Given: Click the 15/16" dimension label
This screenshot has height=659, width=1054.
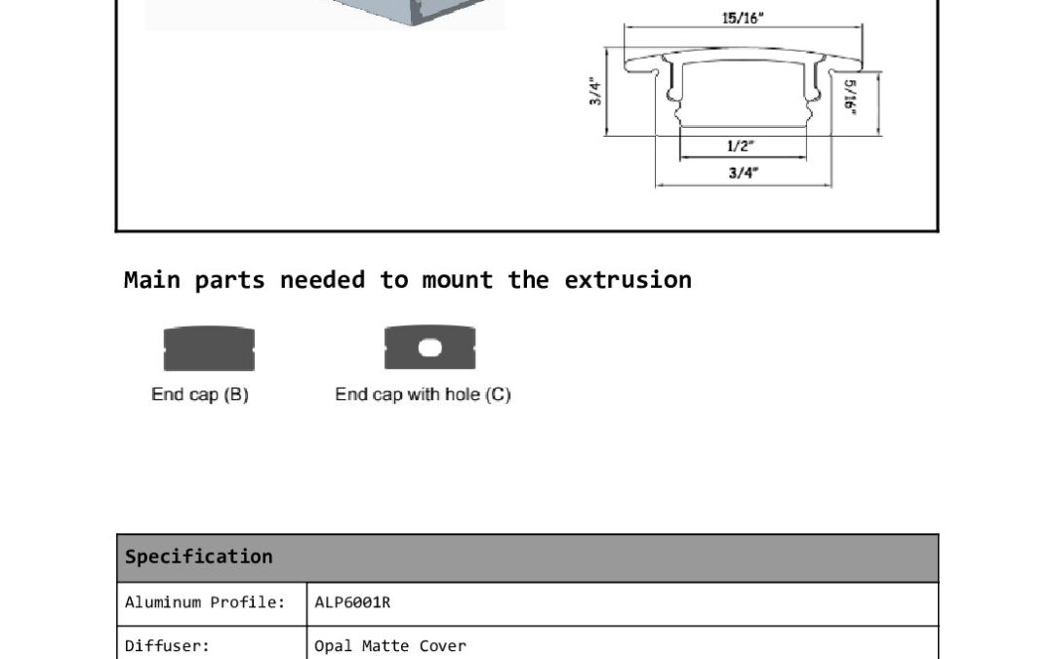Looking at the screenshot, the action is (743, 19).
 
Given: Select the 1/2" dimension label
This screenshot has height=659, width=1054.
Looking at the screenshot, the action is (741, 145).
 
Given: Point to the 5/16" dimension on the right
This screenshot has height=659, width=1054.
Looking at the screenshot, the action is (850, 97).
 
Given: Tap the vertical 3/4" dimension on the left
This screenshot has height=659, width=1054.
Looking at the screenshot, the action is (595, 92).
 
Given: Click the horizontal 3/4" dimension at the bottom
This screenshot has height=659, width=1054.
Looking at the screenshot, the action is (744, 173).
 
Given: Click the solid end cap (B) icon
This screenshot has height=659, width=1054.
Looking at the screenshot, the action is (209, 349).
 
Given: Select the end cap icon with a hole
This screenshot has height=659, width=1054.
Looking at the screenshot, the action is (430, 347).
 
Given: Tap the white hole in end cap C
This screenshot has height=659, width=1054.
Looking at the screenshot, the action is (430, 348).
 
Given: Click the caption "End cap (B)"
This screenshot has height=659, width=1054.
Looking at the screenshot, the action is (200, 394).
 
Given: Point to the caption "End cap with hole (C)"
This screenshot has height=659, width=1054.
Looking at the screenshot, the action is (423, 394).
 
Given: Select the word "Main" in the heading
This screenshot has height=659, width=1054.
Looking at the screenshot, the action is (152, 280).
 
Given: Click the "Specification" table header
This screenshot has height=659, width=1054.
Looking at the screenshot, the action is (199, 556).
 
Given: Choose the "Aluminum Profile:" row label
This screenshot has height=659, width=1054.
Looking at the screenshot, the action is (205, 602).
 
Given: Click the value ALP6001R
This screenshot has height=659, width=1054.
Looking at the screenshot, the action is (352, 602).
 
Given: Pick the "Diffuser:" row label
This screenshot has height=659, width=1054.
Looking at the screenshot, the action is (168, 646).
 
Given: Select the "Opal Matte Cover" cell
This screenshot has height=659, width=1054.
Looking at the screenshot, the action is (390, 646).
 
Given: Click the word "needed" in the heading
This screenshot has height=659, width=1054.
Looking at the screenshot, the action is (323, 280).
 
